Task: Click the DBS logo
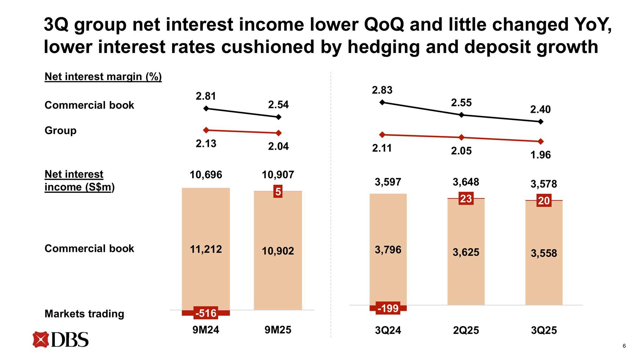click(61, 340)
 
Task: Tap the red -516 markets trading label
click(206, 313)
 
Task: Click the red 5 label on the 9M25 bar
click(278, 191)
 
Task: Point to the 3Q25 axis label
click(544, 330)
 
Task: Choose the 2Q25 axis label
click(466, 330)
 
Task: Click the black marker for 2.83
click(382, 102)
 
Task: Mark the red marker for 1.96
click(541, 142)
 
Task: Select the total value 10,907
click(278, 175)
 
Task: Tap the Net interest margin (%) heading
click(103, 76)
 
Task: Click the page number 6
click(624, 346)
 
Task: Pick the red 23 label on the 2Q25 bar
click(466, 199)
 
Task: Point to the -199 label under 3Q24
click(388, 308)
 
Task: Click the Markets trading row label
click(84, 314)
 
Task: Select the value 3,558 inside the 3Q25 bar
click(544, 253)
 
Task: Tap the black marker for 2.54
click(278, 117)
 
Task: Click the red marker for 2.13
click(206, 130)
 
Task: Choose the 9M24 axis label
click(206, 330)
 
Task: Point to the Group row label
click(61, 130)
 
